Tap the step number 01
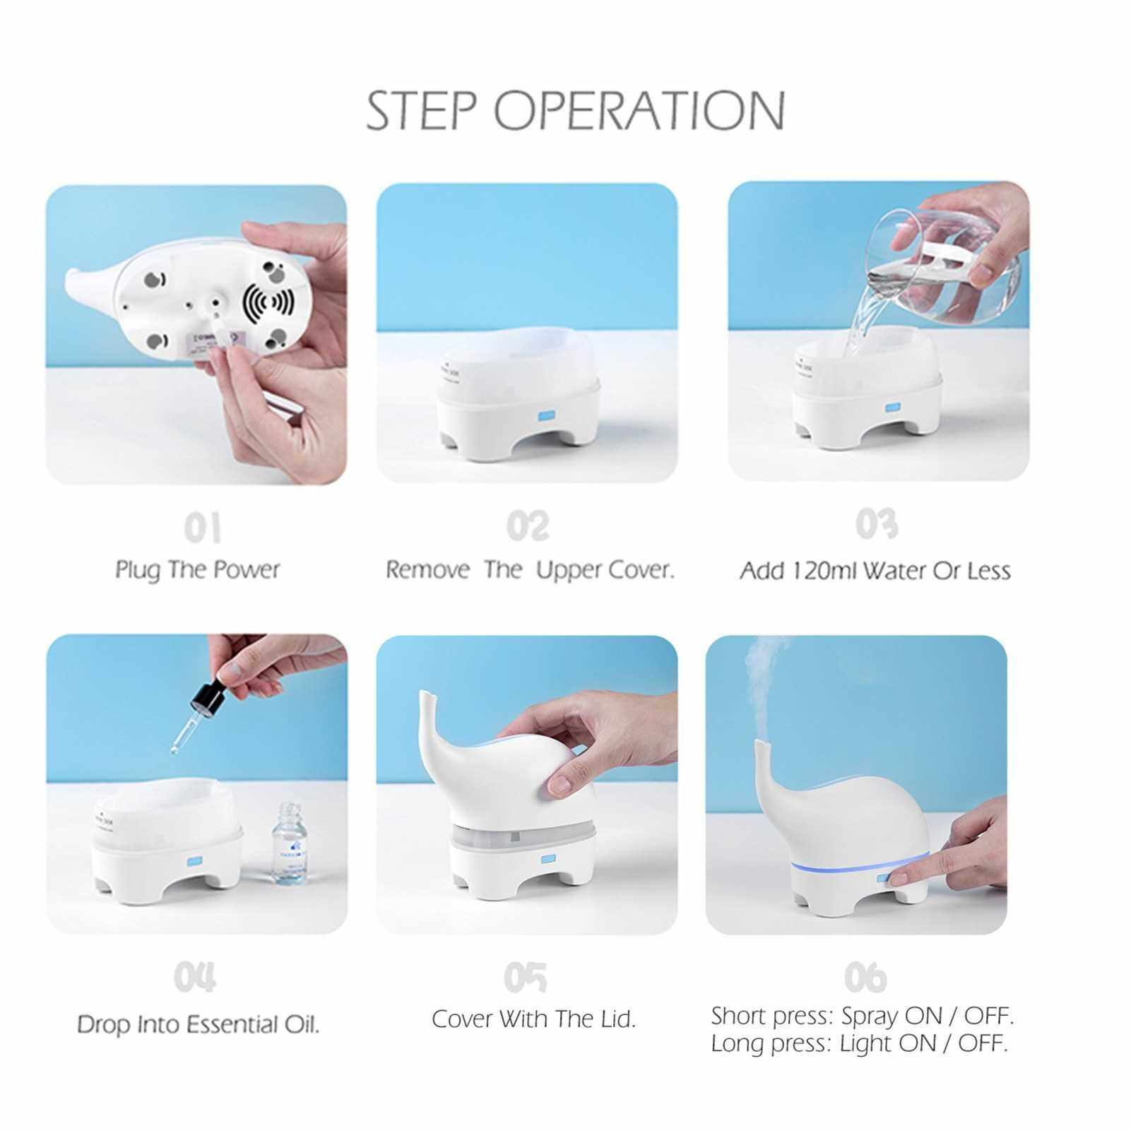tap(203, 528)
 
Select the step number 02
tap(528, 526)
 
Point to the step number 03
tap(877, 524)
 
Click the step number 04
tap(195, 978)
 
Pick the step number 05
tap(525, 977)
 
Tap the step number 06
tap(865, 977)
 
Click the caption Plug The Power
tap(198, 570)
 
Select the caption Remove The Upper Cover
tap(530, 570)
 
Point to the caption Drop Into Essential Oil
tap(199, 1024)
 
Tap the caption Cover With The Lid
tap(534, 1019)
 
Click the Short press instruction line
tap(863, 1017)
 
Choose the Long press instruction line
tap(859, 1043)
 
